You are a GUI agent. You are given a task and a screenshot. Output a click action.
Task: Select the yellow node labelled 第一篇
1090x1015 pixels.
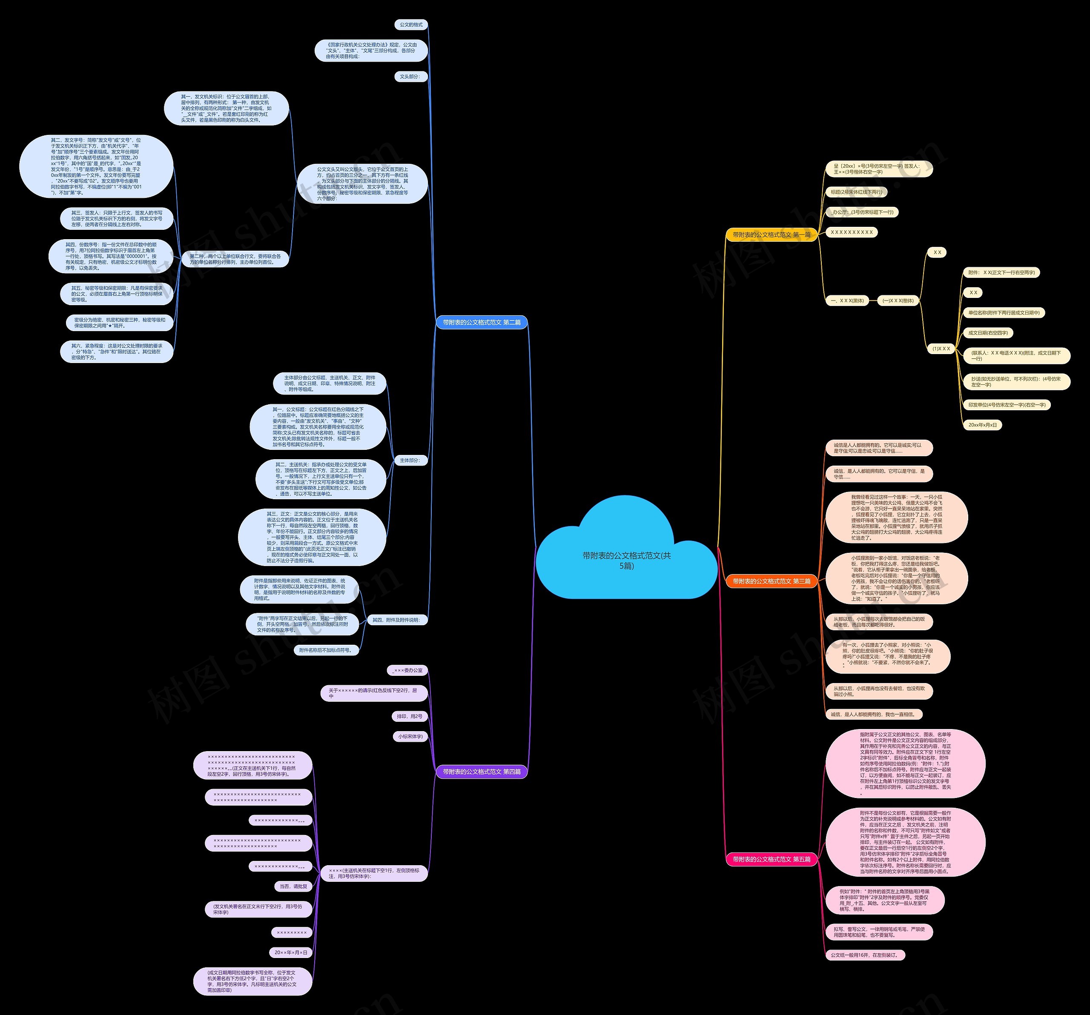(x=771, y=234)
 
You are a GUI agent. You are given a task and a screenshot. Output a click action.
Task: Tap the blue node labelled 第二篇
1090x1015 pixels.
(x=482, y=322)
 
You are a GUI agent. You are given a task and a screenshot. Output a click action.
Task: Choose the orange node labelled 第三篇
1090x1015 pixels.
(x=771, y=581)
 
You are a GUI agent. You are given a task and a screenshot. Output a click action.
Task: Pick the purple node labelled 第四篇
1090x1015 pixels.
(x=482, y=772)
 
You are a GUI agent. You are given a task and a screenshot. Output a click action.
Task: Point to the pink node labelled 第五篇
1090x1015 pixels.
(x=771, y=859)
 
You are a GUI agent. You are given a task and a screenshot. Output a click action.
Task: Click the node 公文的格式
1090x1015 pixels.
(x=411, y=25)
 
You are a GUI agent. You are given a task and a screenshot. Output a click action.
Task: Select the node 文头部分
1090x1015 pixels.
(x=410, y=77)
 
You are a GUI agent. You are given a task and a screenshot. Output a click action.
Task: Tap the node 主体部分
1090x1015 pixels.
(x=410, y=460)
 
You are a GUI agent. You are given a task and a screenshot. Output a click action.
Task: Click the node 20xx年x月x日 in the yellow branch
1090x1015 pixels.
(x=983, y=425)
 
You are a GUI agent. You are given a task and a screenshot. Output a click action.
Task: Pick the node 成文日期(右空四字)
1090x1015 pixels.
(x=988, y=333)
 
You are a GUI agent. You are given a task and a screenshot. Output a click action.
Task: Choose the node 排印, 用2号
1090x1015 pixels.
(x=410, y=716)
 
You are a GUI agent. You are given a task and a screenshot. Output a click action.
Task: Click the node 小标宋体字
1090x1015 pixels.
(x=410, y=737)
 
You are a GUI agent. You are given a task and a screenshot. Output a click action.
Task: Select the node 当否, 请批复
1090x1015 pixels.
(x=293, y=886)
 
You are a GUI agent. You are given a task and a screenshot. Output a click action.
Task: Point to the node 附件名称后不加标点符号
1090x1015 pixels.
(x=326, y=650)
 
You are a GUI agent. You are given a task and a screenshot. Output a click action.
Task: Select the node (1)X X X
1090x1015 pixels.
(x=941, y=349)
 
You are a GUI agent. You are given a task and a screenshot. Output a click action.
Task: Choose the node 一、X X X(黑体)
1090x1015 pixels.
(x=847, y=300)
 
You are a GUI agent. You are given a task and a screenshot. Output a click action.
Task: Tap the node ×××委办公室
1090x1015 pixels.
(x=407, y=670)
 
